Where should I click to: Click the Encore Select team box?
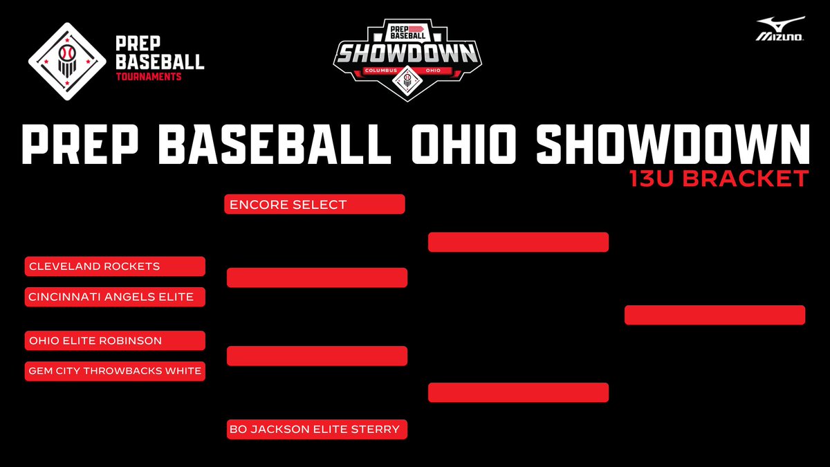coord(315,205)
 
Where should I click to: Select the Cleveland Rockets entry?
coord(115,266)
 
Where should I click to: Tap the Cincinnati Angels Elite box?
coord(115,297)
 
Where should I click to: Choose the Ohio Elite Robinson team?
coord(115,341)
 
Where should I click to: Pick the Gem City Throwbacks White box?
coord(115,372)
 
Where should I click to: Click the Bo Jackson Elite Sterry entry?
coord(315,430)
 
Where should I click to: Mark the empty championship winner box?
coord(714,315)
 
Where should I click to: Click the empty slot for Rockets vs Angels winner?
coord(317,277)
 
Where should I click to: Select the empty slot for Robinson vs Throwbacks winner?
coord(317,356)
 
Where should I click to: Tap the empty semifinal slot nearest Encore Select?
coord(518,242)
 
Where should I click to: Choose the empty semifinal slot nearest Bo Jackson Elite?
coord(518,392)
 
